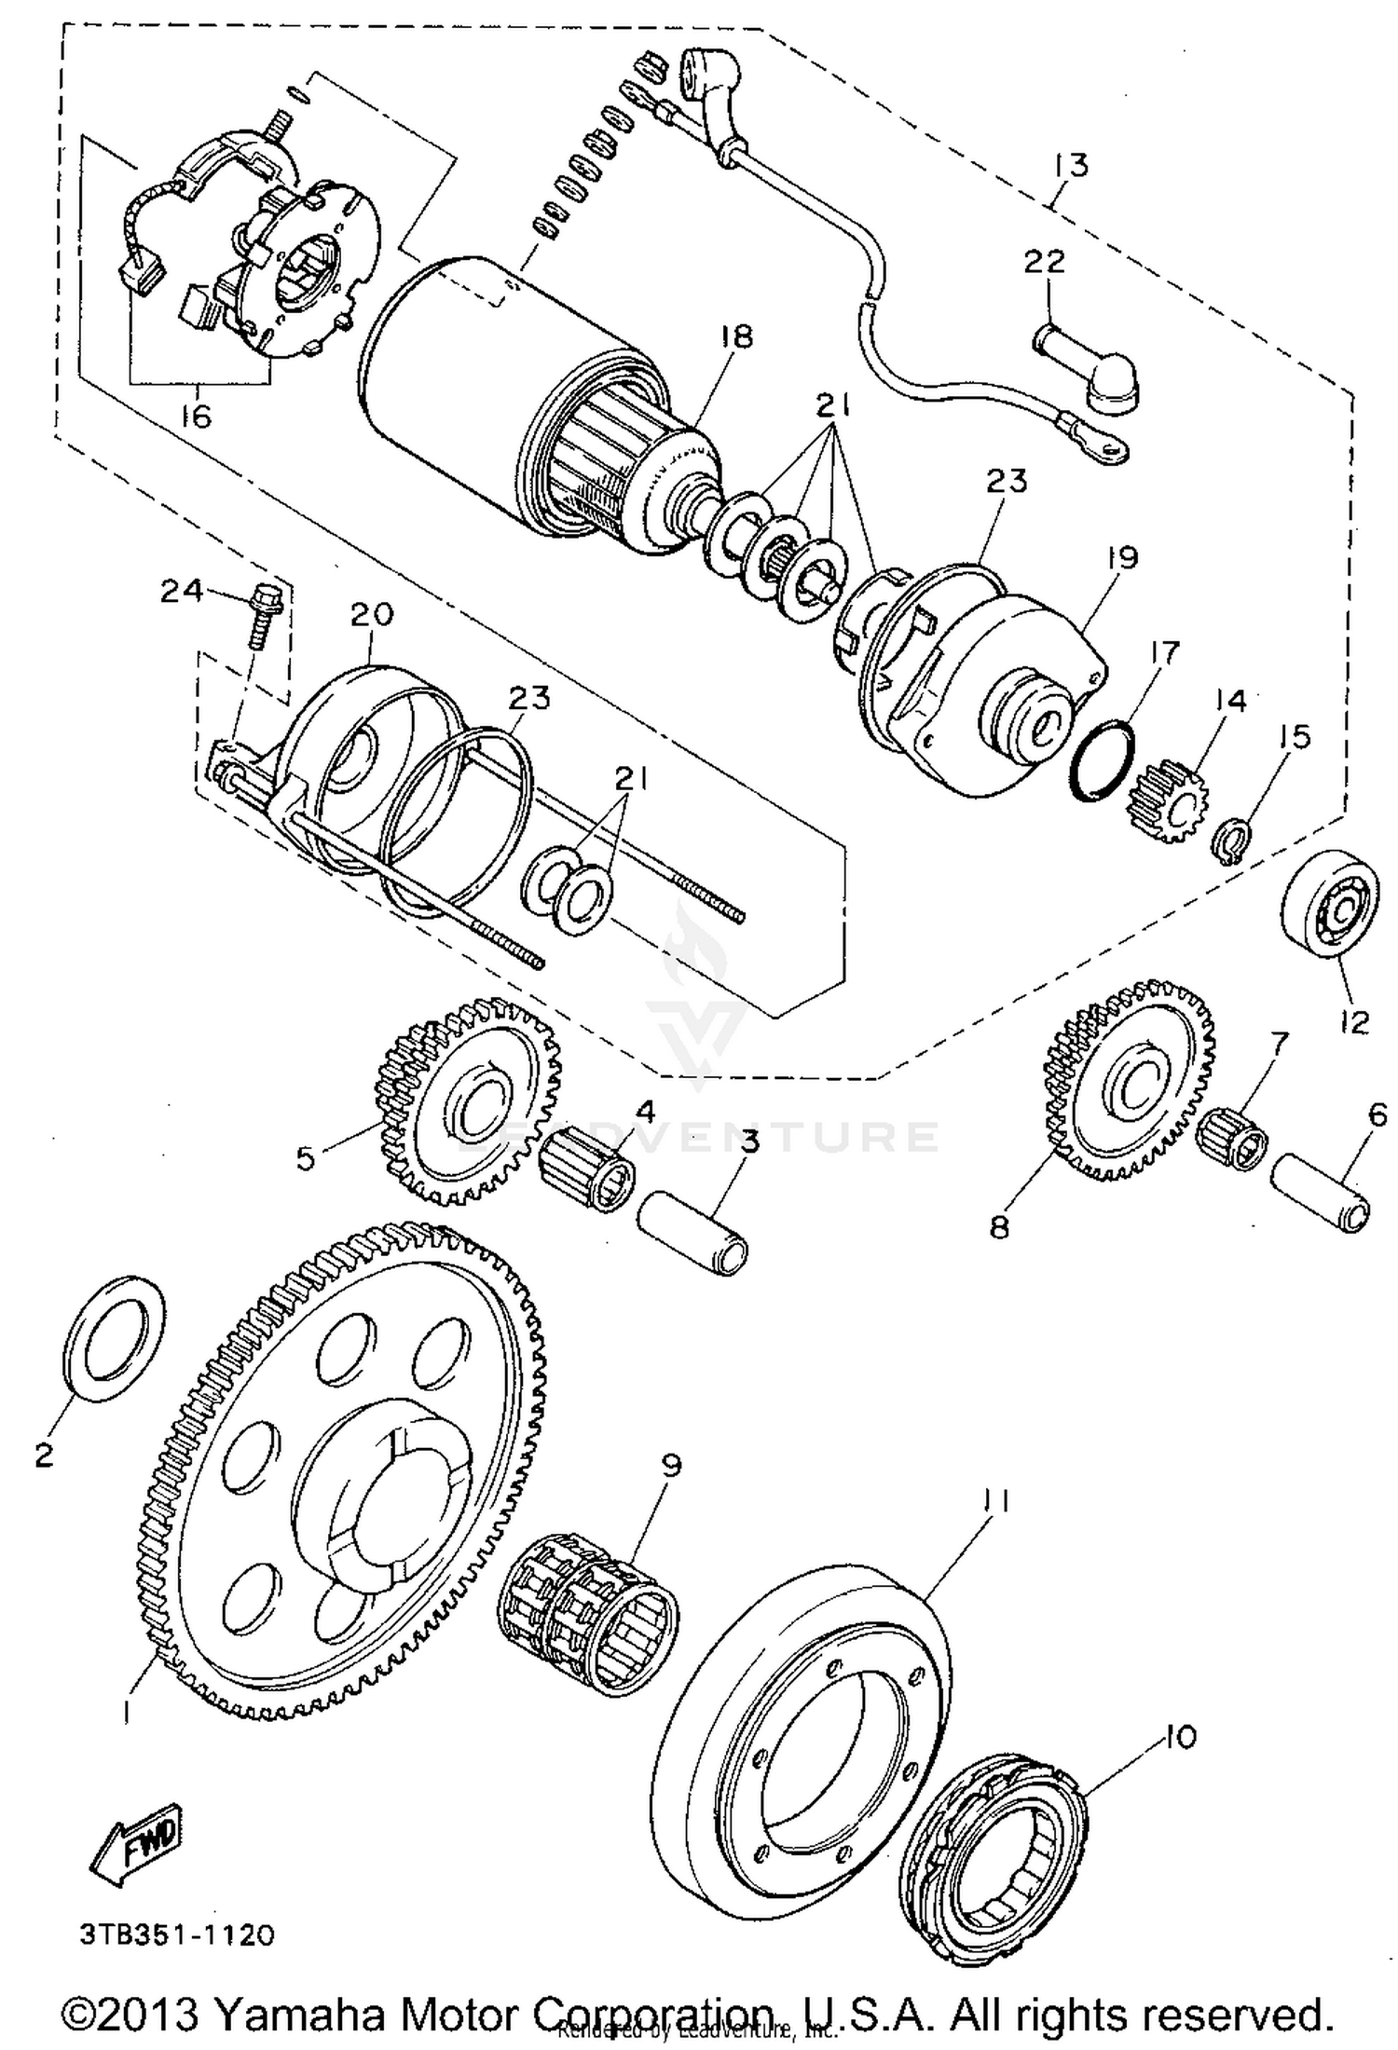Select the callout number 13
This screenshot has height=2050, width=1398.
click(x=1071, y=166)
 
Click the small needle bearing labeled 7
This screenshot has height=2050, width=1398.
click(x=1232, y=1137)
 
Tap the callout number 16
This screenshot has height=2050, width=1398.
click(x=196, y=416)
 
